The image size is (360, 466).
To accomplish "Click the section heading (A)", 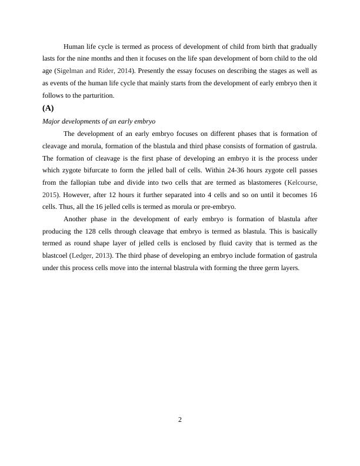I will (x=48, y=108).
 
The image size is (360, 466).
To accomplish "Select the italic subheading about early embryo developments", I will (x=99, y=121).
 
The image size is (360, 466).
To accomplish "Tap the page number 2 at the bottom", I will (x=180, y=420).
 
